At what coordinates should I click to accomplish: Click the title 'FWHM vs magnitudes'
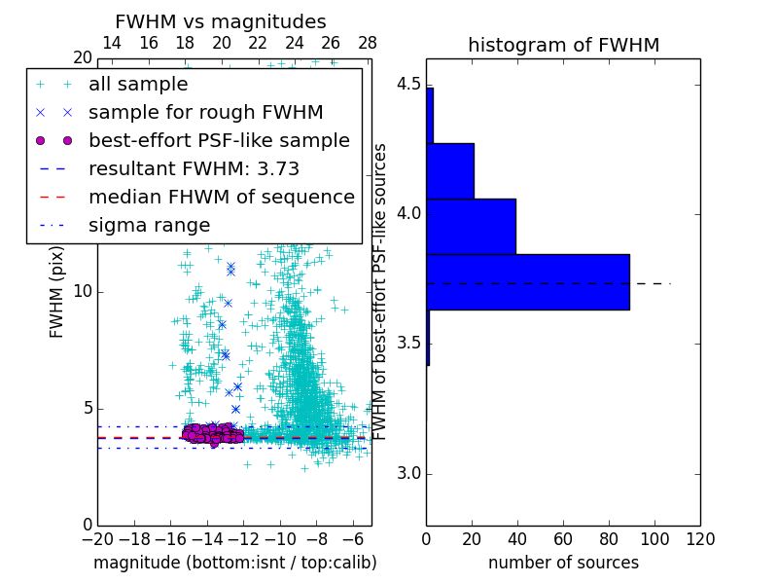220,22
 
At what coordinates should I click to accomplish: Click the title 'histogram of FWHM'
563,45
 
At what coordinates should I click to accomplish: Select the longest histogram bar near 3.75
527,282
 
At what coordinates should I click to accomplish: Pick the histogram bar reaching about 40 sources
471,226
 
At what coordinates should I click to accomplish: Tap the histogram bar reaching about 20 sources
449,170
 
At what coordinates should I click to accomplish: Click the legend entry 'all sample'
138,85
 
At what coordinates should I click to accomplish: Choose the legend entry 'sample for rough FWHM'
205,113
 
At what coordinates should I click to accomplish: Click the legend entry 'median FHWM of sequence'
221,198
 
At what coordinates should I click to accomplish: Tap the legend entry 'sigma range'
149,226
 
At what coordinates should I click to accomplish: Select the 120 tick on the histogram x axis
699,537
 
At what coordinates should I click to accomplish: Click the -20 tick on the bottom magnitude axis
97,537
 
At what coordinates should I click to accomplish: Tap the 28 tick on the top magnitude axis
368,43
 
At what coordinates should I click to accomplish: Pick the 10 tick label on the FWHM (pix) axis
83,292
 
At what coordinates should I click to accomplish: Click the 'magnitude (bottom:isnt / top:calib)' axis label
234,563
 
